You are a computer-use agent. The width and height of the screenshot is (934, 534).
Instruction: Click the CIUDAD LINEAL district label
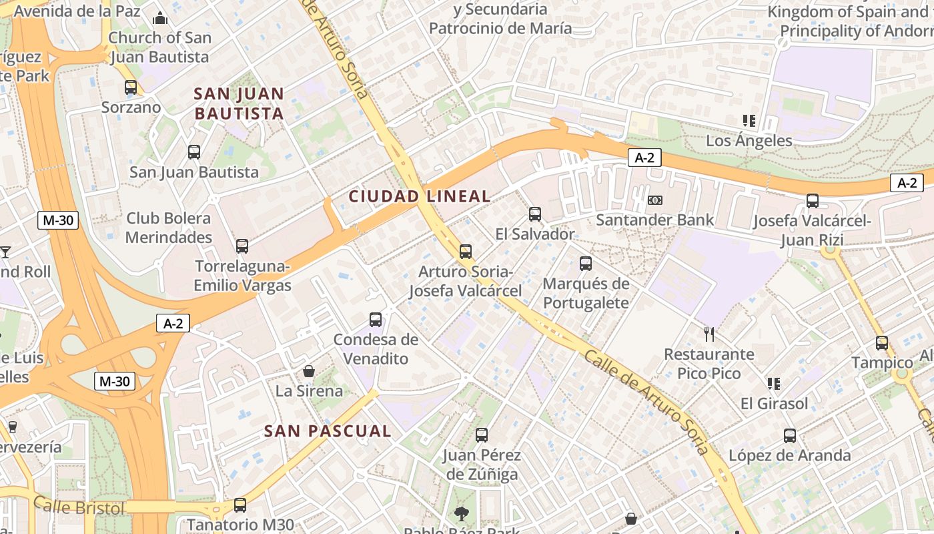click(x=420, y=196)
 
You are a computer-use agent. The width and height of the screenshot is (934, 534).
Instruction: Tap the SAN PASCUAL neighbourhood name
click(x=328, y=431)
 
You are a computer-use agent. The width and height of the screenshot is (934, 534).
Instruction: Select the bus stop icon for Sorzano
click(x=131, y=87)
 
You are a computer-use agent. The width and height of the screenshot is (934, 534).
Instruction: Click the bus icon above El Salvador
click(x=535, y=214)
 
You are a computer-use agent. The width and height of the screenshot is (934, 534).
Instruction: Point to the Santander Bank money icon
click(x=655, y=200)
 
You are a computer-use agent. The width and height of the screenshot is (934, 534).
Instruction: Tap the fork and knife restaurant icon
click(x=709, y=334)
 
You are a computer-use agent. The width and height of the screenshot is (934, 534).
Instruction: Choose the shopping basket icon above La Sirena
click(x=309, y=371)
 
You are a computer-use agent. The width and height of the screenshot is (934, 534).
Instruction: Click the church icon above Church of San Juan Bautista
click(x=160, y=18)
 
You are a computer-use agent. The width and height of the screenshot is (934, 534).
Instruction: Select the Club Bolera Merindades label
click(x=168, y=228)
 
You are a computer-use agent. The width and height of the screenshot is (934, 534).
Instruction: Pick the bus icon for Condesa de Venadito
click(x=376, y=320)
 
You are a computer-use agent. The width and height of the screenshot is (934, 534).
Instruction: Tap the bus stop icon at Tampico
click(x=882, y=343)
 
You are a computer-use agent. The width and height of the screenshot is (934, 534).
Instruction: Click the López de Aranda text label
click(x=789, y=456)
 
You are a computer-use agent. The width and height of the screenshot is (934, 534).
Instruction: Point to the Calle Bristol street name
click(x=79, y=507)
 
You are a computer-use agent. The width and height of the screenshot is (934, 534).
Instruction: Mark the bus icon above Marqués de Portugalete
click(x=586, y=264)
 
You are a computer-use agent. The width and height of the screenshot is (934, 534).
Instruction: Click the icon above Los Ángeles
click(x=749, y=121)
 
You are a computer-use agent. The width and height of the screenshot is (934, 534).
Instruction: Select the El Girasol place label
click(x=774, y=403)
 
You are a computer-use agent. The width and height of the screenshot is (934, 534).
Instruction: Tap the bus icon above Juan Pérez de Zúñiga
click(x=482, y=435)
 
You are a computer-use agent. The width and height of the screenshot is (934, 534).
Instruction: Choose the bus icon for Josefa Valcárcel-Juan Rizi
click(x=813, y=201)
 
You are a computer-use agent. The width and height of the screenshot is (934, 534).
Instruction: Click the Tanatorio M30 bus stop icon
click(x=240, y=505)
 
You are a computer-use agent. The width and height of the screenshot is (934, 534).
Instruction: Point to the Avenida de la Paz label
click(x=77, y=11)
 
